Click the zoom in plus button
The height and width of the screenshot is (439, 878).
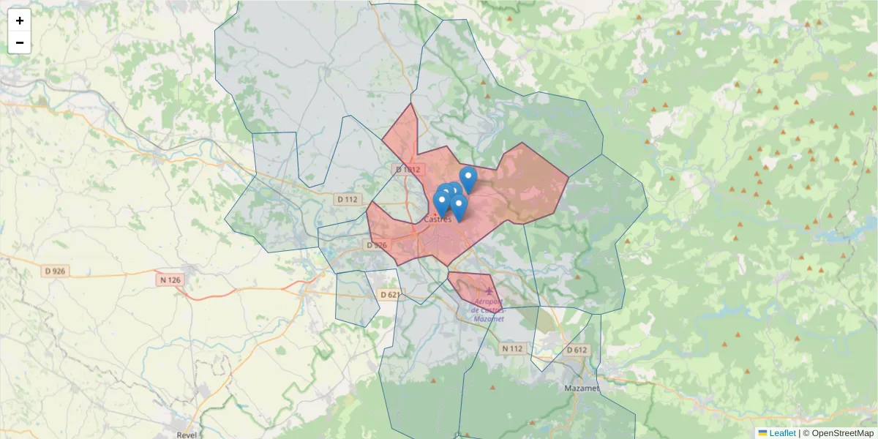click(x=20, y=20)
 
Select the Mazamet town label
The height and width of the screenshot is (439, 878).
click(x=582, y=387)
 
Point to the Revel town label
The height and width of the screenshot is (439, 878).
click(x=187, y=434)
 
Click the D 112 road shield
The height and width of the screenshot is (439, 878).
click(x=348, y=199)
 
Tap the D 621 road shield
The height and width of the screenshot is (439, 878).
click(x=391, y=295)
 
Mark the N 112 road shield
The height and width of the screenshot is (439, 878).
click(x=512, y=349)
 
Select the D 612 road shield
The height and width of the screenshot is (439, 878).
click(x=577, y=350)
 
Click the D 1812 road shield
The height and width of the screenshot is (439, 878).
click(x=408, y=170)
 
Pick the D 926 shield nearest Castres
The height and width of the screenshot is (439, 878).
click(x=375, y=245)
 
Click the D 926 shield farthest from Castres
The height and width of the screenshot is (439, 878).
click(x=56, y=271)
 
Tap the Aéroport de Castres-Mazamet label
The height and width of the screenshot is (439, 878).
click(x=488, y=310)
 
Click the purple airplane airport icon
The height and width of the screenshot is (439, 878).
click(x=489, y=293)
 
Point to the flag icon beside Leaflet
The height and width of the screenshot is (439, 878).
click(x=762, y=433)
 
